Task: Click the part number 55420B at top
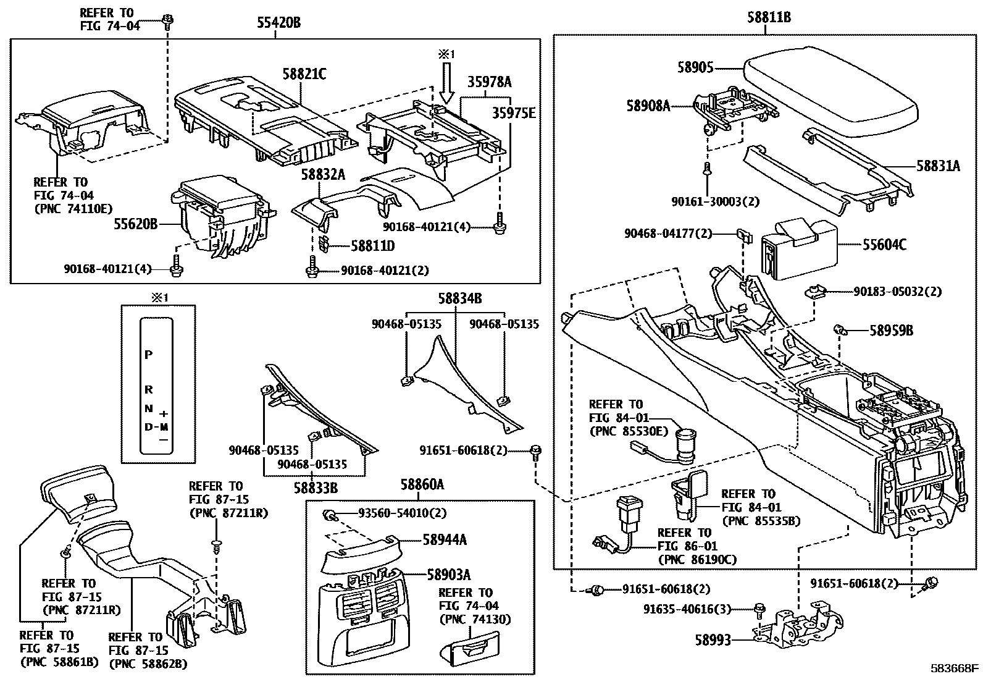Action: (x=278, y=23)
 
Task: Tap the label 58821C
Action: (x=304, y=74)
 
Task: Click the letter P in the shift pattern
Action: (x=148, y=355)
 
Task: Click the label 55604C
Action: (x=885, y=245)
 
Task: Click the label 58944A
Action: (x=445, y=540)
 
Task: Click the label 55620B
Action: (x=135, y=224)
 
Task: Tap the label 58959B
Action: (x=891, y=331)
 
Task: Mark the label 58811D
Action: (x=373, y=246)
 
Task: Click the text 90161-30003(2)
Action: (x=716, y=201)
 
